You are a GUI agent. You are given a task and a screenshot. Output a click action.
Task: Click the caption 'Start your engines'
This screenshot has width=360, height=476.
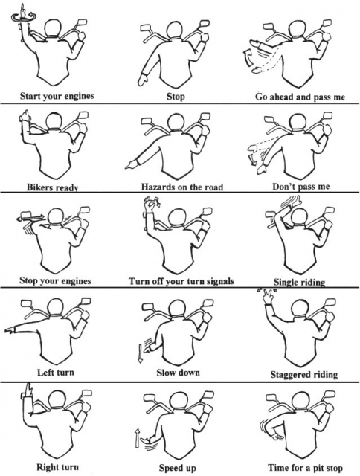pyautogui.click(x=57, y=96)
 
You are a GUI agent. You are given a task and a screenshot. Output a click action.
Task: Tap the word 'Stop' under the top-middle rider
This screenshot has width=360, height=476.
pyautogui.click(x=176, y=97)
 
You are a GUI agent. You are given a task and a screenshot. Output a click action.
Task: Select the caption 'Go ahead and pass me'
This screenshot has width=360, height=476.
pyautogui.click(x=300, y=97)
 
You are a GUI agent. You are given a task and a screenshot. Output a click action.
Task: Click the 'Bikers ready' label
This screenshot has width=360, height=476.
pyautogui.click(x=53, y=187)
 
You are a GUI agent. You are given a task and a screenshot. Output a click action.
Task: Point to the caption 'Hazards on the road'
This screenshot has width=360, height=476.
pyautogui.click(x=181, y=187)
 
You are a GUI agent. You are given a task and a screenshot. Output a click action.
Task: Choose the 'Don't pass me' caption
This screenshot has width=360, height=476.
pyautogui.click(x=300, y=186)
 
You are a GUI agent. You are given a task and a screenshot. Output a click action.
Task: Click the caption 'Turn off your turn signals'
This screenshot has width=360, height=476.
pyautogui.click(x=181, y=281)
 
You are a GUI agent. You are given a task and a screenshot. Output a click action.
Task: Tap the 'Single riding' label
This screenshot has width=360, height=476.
pyautogui.click(x=299, y=282)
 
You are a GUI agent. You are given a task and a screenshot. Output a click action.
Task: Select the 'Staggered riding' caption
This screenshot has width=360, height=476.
pyautogui.click(x=304, y=374)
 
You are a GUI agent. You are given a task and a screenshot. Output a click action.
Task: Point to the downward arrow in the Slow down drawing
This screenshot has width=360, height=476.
pyautogui.click(x=140, y=353)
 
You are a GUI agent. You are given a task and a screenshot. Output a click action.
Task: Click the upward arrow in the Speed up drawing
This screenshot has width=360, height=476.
pyautogui.click(x=137, y=437)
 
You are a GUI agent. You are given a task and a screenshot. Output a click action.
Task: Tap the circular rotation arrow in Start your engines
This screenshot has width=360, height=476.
pyautogui.click(x=24, y=18)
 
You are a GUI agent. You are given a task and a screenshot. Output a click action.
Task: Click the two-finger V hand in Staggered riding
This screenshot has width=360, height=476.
pyautogui.click(x=268, y=297)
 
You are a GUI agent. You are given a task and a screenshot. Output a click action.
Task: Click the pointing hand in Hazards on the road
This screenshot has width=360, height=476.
pyautogui.click(x=131, y=165)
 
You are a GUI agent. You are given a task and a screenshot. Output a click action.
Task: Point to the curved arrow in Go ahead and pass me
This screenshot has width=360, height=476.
pyautogui.click(x=248, y=58)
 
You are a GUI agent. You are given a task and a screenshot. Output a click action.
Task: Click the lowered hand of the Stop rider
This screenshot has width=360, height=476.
pyautogui.click(x=143, y=80)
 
